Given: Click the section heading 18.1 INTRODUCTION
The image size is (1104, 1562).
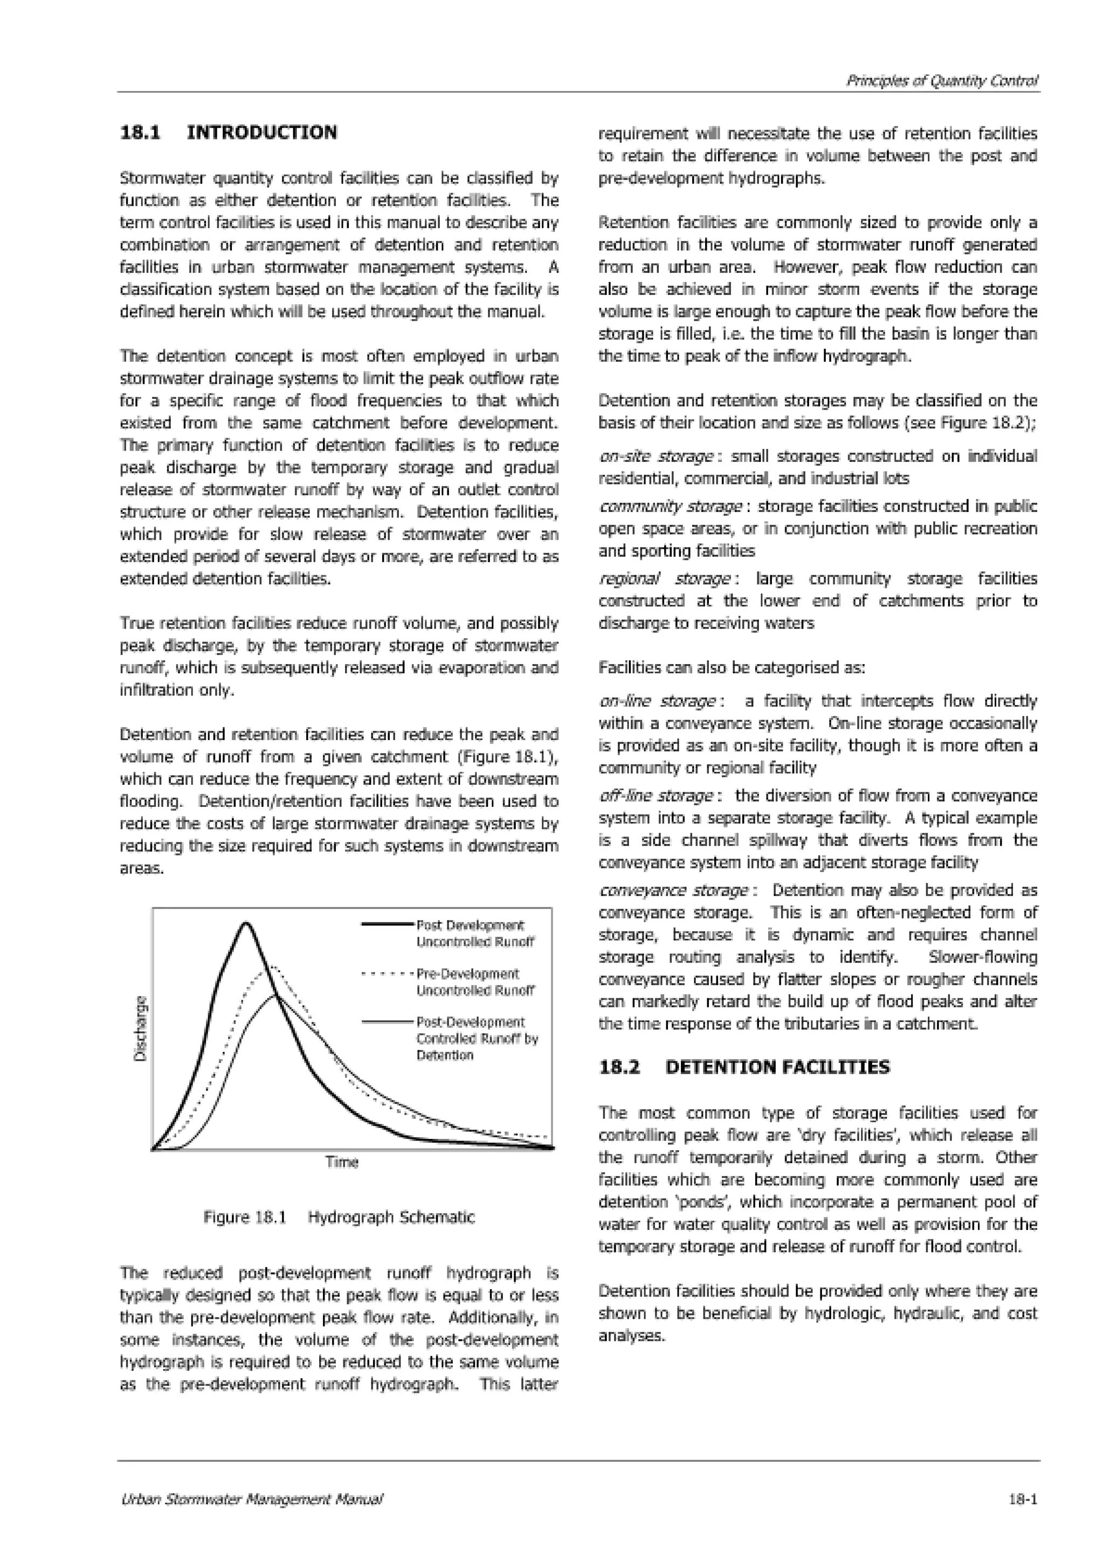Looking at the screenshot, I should click(228, 132).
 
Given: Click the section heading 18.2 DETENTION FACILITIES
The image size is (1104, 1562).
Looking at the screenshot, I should click(743, 1067).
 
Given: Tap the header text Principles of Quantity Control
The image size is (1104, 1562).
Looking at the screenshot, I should click(941, 81).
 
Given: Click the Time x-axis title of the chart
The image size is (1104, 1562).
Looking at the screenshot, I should click(341, 1162).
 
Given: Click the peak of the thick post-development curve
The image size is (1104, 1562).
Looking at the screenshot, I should click(246, 923).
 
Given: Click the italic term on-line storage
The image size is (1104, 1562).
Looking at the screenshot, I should click(657, 701).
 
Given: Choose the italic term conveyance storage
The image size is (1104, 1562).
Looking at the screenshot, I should click(673, 890).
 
